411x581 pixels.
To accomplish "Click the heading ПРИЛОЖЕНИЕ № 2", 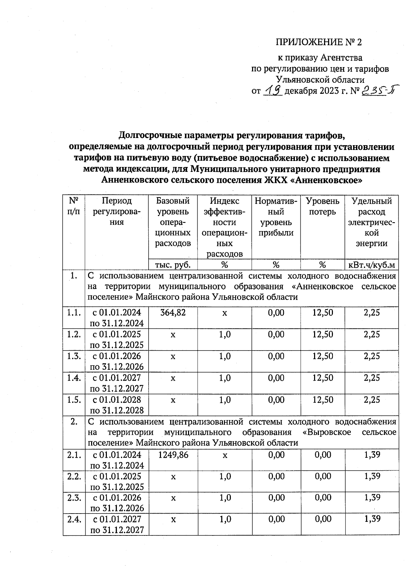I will click(x=319, y=42).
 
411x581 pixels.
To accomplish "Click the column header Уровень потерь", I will click(x=322, y=206).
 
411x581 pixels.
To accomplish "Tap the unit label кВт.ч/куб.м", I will click(x=372, y=265).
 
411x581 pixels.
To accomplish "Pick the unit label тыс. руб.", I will click(x=173, y=265).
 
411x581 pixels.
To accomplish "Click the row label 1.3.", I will click(x=74, y=356).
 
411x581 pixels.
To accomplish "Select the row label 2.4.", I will click(x=74, y=519).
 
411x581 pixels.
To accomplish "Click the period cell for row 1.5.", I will click(x=117, y=405).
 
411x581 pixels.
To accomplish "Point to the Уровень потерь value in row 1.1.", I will click(x=322, y=312).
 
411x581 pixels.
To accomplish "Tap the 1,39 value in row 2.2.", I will click(x=372, y=476).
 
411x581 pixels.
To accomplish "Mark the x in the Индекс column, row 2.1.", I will click(x=225, y=455).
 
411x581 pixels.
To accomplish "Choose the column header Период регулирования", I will click(x=117, y=212).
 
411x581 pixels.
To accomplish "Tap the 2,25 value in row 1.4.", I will click(x=372, y=378).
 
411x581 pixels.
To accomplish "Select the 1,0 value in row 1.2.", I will click(x=225, y=334).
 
